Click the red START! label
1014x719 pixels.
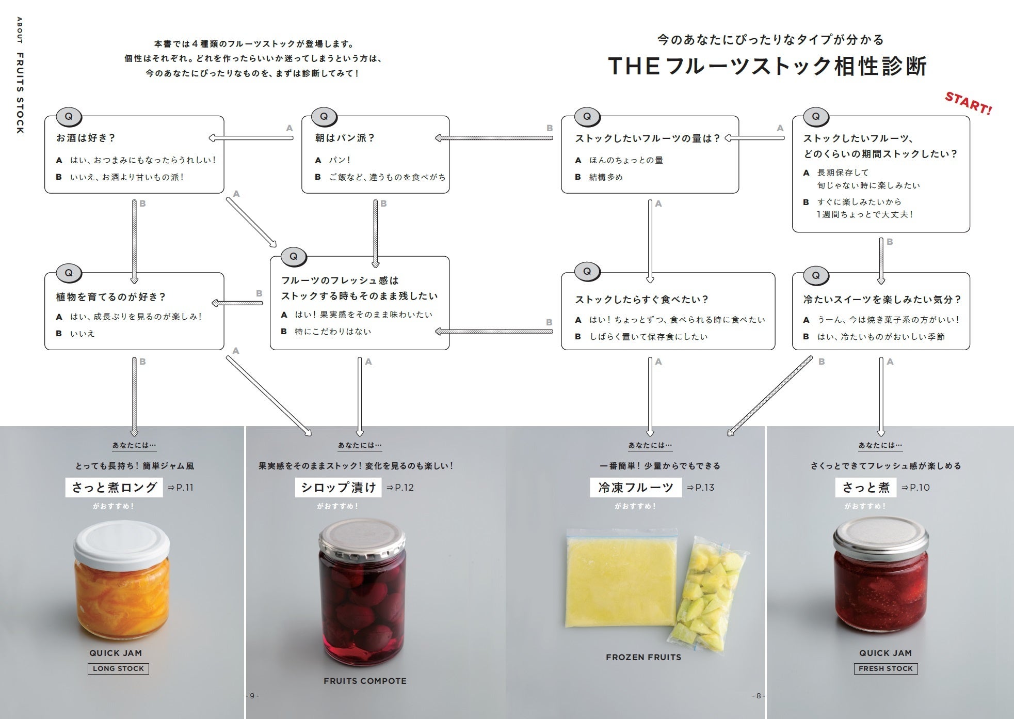968,103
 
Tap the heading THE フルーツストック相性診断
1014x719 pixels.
767,67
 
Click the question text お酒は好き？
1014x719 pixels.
86,138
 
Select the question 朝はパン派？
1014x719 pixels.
345,138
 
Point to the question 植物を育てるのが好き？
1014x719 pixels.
111,297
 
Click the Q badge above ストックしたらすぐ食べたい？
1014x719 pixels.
587,271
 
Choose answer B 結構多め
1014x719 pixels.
600,177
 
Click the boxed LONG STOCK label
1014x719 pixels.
118,668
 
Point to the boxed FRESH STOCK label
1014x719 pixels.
886,668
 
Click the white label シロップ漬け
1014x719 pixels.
338,488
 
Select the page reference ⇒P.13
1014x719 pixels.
700,488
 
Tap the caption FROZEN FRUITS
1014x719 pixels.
643,657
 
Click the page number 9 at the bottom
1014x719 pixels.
252,696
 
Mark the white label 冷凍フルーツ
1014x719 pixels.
636,488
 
